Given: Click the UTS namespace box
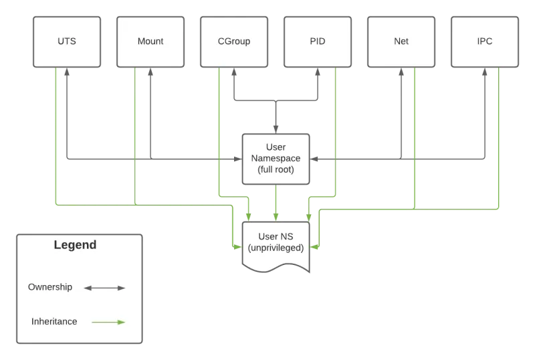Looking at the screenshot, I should tap(67, 41).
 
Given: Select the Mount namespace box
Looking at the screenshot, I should tap(150, 41).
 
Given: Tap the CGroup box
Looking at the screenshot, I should tap(234, 41).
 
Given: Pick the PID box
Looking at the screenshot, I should tap(318, 41).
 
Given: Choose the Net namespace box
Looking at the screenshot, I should tap(401, 41).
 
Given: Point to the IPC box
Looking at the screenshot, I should tap(485, 41).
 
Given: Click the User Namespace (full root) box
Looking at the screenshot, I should tap(276, 159).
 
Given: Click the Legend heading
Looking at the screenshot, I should tap(75, 245).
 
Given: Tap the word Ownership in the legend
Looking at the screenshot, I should tap(49, 287).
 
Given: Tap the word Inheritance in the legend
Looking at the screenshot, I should tap(54, 321).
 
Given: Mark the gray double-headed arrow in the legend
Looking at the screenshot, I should tap(105, 288).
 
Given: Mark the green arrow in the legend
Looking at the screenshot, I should tap(108, 322).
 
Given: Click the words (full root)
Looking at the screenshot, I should tap(276, 170).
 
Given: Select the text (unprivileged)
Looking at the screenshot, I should tap(276, 248).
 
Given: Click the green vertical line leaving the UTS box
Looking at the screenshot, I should tap(57, 134).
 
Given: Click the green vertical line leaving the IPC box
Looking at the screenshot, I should tap(500, 134).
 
